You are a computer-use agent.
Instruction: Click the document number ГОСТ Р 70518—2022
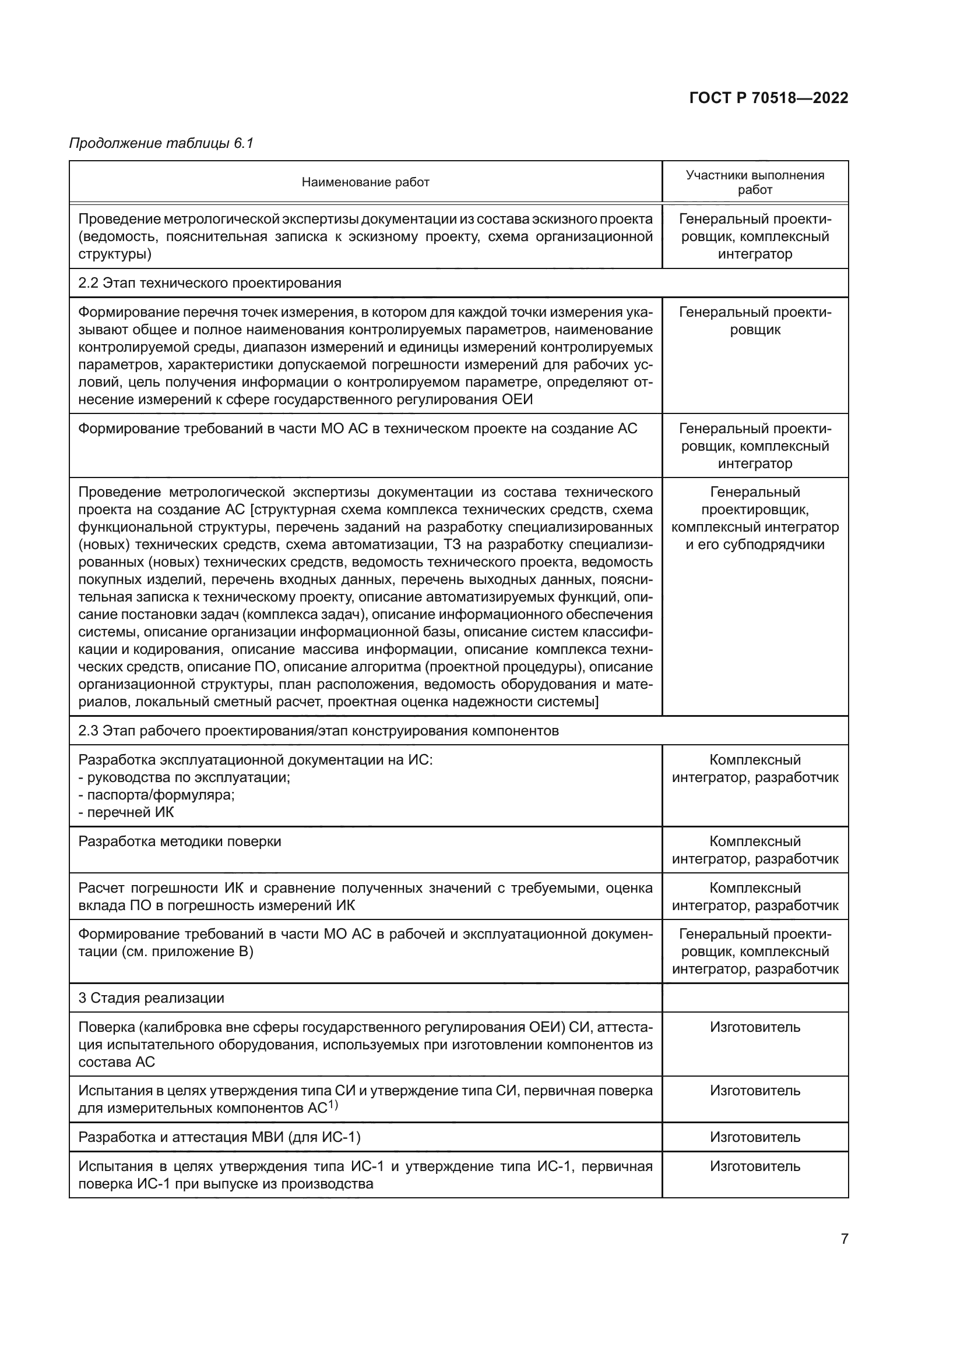pyautogui.click(x=769, y=98)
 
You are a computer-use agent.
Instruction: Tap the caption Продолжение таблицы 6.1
pyautogui.click(x=161, y=143)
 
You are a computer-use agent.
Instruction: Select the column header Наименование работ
pyautogui.click(x=365, y=182)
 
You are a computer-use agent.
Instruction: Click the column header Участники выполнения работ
pyautogui.click(x=754, y=182)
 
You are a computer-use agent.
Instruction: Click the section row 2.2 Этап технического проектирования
pyautogui.click(x=210, y=283)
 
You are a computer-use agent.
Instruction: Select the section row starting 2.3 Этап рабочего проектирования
pyautogui.click(x=318, y=731)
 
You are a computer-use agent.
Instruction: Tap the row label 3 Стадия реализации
pyautogui.click(x=151, y=998)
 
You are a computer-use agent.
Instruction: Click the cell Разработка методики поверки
pyautogui.click(x=180, y=841)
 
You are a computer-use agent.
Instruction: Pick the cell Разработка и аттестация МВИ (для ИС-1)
pyautogui.click(x=219, y=1137)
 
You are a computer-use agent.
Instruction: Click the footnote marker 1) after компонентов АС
pyautogui.click(x=333, y=1105)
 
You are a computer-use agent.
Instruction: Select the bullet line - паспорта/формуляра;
pyautogui.click(x=156, y=795)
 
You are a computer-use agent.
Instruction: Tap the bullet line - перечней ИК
pyautogui.click(x=126, y=813)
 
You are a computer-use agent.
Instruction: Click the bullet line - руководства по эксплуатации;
pyautogui.click(x=184, y=778)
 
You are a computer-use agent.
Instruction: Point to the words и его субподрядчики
pyautogui.click(x=754, y=544)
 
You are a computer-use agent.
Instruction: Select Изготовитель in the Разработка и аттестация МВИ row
pyautogui.click(x=754, y=1137)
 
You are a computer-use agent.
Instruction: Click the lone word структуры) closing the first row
pyautogui.click(x=115, y=254)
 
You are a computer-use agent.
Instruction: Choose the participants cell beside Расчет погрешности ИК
pyautogui.click(x=754, y=896)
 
